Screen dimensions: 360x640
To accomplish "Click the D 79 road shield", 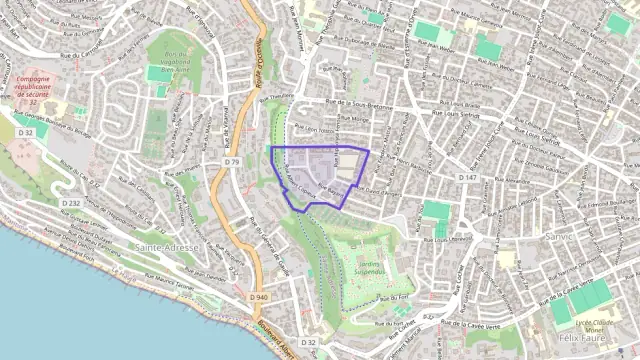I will (x=232, y=161).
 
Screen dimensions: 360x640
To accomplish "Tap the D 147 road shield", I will (x=467, y=177).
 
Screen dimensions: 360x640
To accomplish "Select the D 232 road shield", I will (x=71, y=203).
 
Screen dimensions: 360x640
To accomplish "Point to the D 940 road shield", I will (x=259, y=297).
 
